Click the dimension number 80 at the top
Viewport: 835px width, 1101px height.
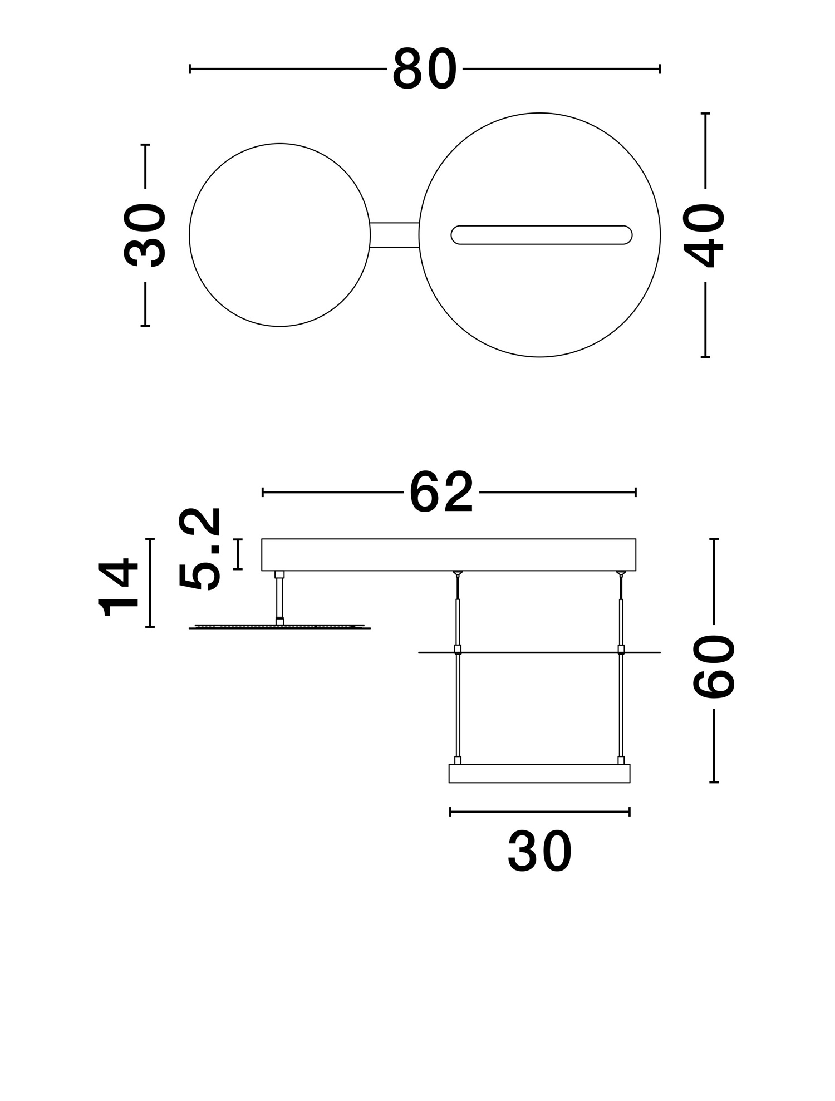click(x=424, y=70)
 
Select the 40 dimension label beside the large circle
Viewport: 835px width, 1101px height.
click(x=705, y=235)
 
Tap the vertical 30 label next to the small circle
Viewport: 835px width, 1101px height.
click(x=145, y=235)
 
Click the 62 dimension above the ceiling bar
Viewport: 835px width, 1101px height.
click(x=441, y=493)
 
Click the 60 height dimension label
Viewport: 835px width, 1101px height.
click(x=714, y=666)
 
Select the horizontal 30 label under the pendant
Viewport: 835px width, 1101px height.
click(x=539, y=852)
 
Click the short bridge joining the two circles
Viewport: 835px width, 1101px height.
click(x=394, y=235)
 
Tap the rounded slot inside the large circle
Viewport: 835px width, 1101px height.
click(x=541, y=235)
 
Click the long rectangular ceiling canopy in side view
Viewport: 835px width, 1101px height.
click(x=448, y=554)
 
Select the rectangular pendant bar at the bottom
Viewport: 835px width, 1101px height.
click(x=539, y=774)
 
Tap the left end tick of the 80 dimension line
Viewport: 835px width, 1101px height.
click(x=190, y=69)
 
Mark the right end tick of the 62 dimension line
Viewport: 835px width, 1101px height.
click(x=636, y=492)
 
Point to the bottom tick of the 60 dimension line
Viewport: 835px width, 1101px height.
click(x=714, y=782)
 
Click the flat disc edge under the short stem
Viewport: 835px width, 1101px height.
click(x=279, y=627)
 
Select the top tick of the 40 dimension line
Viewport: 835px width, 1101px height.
click(x=705, y=114)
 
